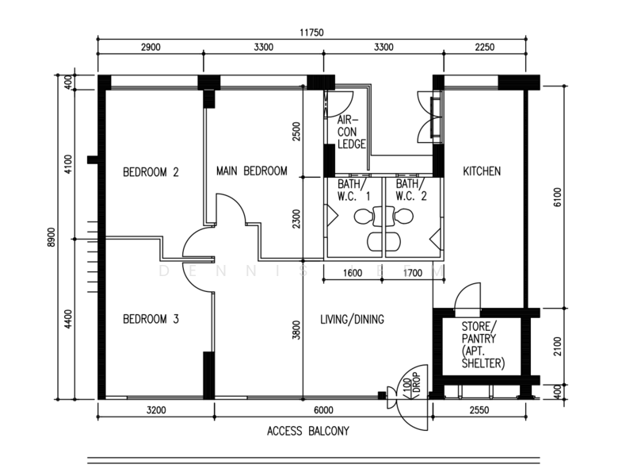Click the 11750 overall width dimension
tap(311, 33)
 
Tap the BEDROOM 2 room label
tap(151, 172)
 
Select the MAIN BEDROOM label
tap(251, 171)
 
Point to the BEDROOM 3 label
tap(151, 319)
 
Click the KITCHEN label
tap(482, 171)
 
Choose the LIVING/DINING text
tap(352, 319)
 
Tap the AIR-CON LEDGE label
tap(352, 132)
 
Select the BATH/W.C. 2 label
tap(411, 190)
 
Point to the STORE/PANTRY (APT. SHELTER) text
tap(483, 345)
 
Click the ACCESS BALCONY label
tap(308, 431)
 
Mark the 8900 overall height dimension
tap(51, 237)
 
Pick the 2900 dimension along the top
tap(151, 48)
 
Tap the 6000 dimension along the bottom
tap(323, 410)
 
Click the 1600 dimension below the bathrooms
tap(353, 273)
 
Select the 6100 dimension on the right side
tap(557, 197)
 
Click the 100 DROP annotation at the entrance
tap(411, 384)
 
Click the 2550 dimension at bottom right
tap(479, 410)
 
